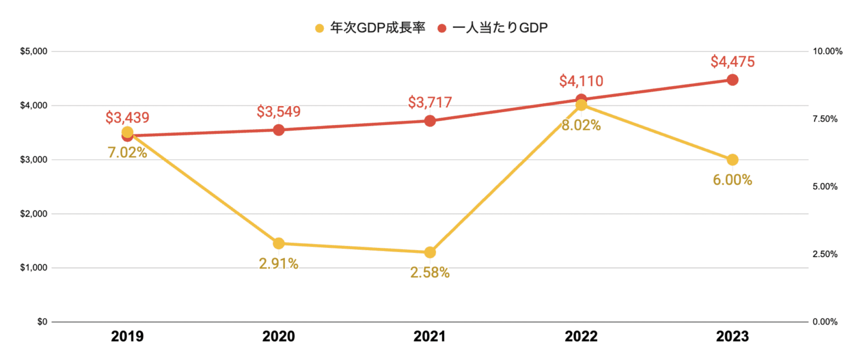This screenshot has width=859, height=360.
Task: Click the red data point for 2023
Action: tap(732, 80)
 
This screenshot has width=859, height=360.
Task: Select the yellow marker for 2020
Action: tap(279, 243)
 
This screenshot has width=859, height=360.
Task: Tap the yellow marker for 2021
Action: tap(430, 253)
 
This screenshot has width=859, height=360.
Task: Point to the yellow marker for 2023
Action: tap(732, 160)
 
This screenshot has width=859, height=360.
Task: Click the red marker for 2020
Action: tap(279, 130)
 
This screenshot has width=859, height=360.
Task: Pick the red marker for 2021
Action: tap(430, 121)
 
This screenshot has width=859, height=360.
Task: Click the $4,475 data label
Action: tap(732, 62)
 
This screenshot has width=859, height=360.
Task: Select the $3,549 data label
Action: tap(279, 112)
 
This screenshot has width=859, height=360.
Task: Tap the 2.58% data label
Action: tap(430, 272)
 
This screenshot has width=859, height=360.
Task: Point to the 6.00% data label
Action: tap(732, 180)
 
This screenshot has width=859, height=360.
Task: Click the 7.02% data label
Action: tap(128, 152)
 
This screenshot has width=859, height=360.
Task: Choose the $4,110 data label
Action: tap(581, 81)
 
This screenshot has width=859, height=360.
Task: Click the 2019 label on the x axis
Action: tap(128, 336)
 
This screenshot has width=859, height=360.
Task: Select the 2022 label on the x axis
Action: tap(581, 336)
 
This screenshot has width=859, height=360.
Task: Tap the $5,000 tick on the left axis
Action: tap(34, 51)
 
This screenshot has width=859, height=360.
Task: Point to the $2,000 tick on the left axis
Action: tap(34, 214)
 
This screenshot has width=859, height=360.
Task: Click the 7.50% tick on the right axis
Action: tap(825, 119)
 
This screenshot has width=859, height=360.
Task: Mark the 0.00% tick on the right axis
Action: tap(825, 322)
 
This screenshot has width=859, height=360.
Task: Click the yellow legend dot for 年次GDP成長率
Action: tap(319, 29)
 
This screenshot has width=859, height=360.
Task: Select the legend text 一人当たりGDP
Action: tap(500, 28)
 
